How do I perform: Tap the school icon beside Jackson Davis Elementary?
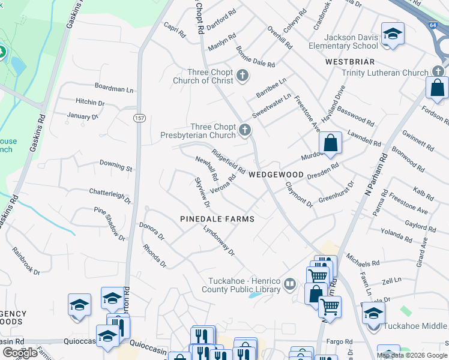[x=393, y=34]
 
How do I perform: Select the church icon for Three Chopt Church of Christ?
[x=242, y=75]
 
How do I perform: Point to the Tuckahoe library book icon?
[x=291, y=283]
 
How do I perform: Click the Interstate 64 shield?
[x=433, y=25]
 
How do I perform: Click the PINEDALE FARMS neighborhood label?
[x=217, y=219]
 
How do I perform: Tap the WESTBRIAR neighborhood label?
[x=350, y=62]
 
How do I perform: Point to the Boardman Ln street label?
[x=114, y=89]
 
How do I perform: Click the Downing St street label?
[x=115, y=166]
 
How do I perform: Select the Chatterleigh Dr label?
[x=110, y=196]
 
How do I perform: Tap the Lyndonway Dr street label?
[x=218, y=241]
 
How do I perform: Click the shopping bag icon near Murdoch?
[x=330, y=143]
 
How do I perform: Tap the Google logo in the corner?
[x=20, y=352]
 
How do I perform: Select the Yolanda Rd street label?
[x=396, y=235]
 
